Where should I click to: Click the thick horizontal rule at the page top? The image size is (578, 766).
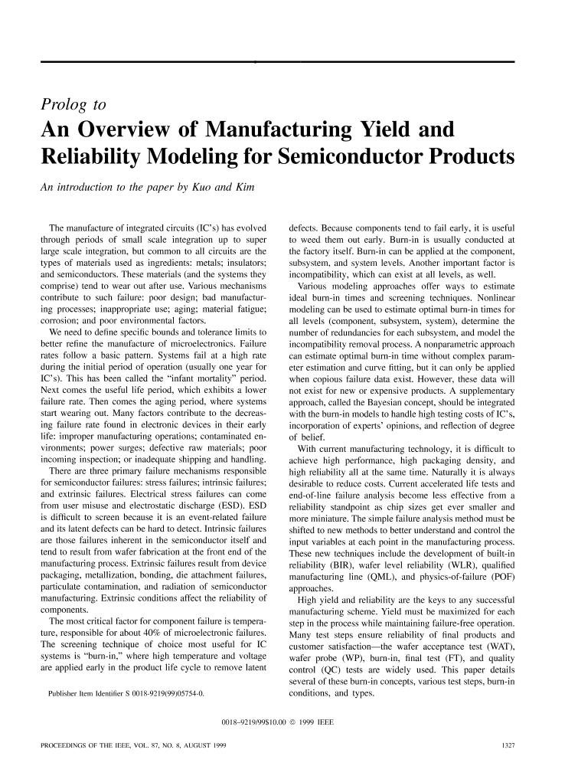point(289,60)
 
